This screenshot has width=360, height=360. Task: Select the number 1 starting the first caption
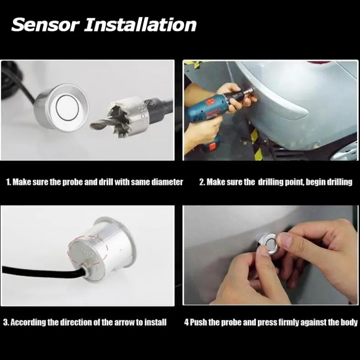point(8,182)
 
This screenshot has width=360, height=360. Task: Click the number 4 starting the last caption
point(186,323)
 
